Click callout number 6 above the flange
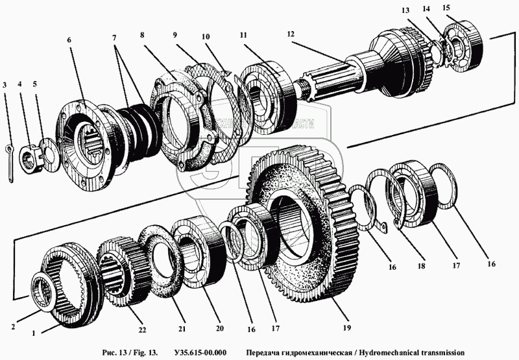(69, 40)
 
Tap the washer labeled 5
(47, 147)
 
